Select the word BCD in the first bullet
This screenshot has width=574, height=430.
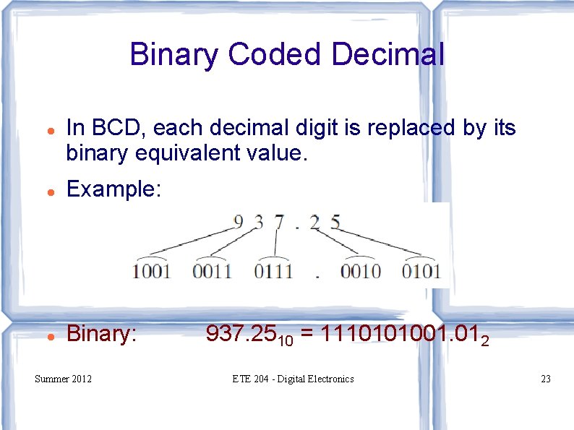pos(117,129)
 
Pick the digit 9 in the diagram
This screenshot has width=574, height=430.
pos(239,223)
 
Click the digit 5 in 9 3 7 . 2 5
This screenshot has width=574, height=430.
pos(335,223)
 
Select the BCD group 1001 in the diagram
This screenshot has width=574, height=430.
pos(151,272)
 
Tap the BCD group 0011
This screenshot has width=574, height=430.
pos(212,272)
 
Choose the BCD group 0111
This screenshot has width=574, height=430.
pos(273,272)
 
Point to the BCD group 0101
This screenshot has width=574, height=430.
pos(421,272)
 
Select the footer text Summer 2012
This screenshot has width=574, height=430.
pos(63,379)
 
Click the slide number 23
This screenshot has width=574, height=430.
pos(545,379)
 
